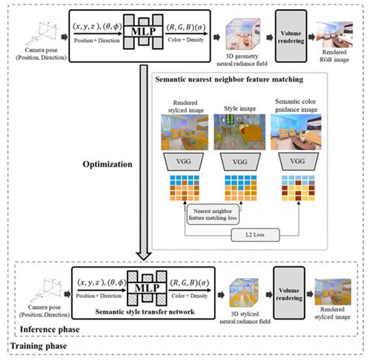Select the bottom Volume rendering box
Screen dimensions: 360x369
[290, 288]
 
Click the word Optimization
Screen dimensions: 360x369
[105, 165]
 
